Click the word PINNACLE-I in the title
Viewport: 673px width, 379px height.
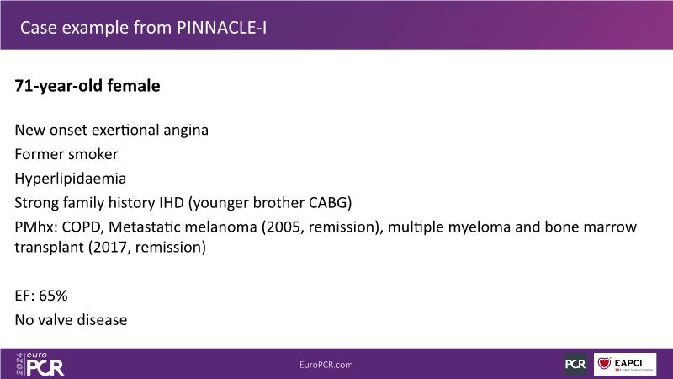[221, 28]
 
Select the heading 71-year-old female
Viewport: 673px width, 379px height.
[87, 86]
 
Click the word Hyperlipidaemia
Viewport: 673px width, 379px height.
[71, 179]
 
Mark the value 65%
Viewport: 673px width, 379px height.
[53, 296]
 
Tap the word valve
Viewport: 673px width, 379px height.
[55, 320]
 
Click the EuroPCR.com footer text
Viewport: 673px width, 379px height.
[326, 365]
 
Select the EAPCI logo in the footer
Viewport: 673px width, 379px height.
[625, 364]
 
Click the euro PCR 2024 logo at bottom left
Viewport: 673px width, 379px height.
[40, 364]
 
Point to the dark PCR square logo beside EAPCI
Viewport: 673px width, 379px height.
[575, 365]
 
